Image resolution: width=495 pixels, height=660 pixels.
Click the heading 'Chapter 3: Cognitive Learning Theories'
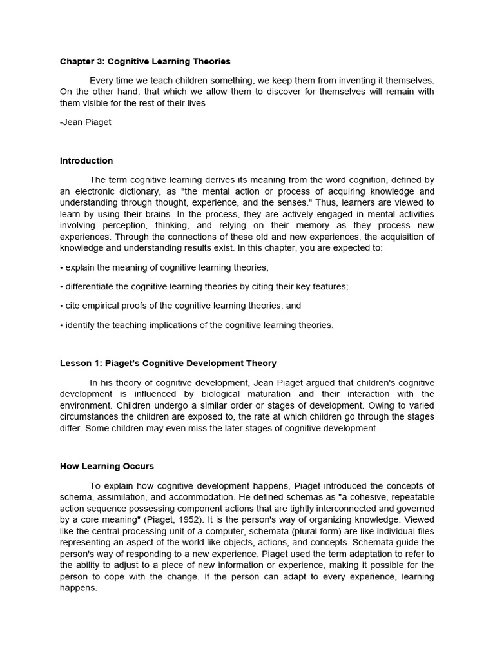[145, 62]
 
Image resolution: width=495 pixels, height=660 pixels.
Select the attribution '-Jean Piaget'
[86, 122]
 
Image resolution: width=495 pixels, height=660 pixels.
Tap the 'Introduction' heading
[86, 160]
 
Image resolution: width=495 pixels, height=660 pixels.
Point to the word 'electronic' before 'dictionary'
[95, 191]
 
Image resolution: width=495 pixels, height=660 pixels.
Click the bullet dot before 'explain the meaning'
[61, 267]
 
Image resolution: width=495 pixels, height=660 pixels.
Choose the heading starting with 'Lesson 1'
[168, 364]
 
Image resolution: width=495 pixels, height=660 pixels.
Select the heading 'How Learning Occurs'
[107, 466]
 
